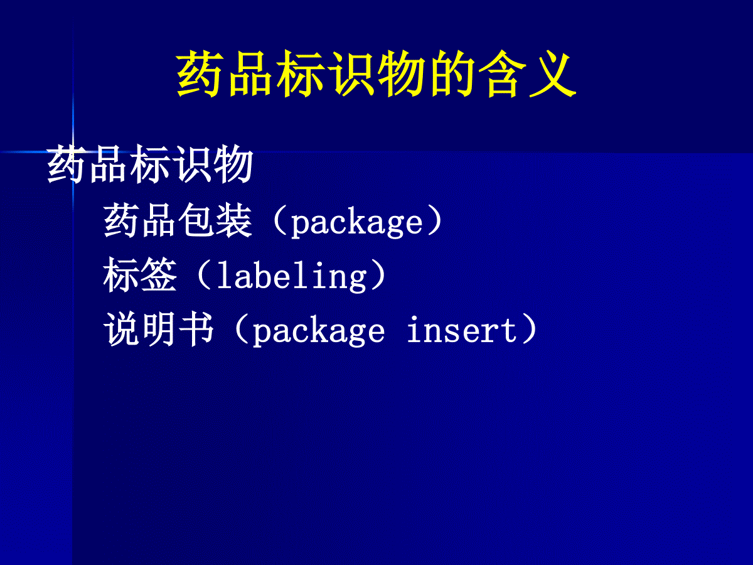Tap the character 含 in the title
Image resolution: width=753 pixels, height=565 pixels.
point(502,73)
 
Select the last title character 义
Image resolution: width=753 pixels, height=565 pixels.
point(552,73)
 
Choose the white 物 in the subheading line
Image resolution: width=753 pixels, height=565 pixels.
point(233,164)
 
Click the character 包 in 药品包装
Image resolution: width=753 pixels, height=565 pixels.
point(196,220)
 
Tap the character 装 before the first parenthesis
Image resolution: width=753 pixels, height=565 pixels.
point(233,220)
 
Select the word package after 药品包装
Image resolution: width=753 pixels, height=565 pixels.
point(356,223)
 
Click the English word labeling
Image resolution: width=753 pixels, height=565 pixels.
point(292,276)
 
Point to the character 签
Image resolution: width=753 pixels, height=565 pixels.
point(159,274)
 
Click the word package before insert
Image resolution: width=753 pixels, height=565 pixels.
point(319,331)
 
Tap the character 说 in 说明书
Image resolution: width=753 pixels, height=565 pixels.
point(122,328)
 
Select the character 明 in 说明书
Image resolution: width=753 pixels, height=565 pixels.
point(159,328)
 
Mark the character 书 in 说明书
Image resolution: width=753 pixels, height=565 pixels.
point(196,328)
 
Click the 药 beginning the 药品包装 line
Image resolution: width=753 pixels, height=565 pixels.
point(122,220)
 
